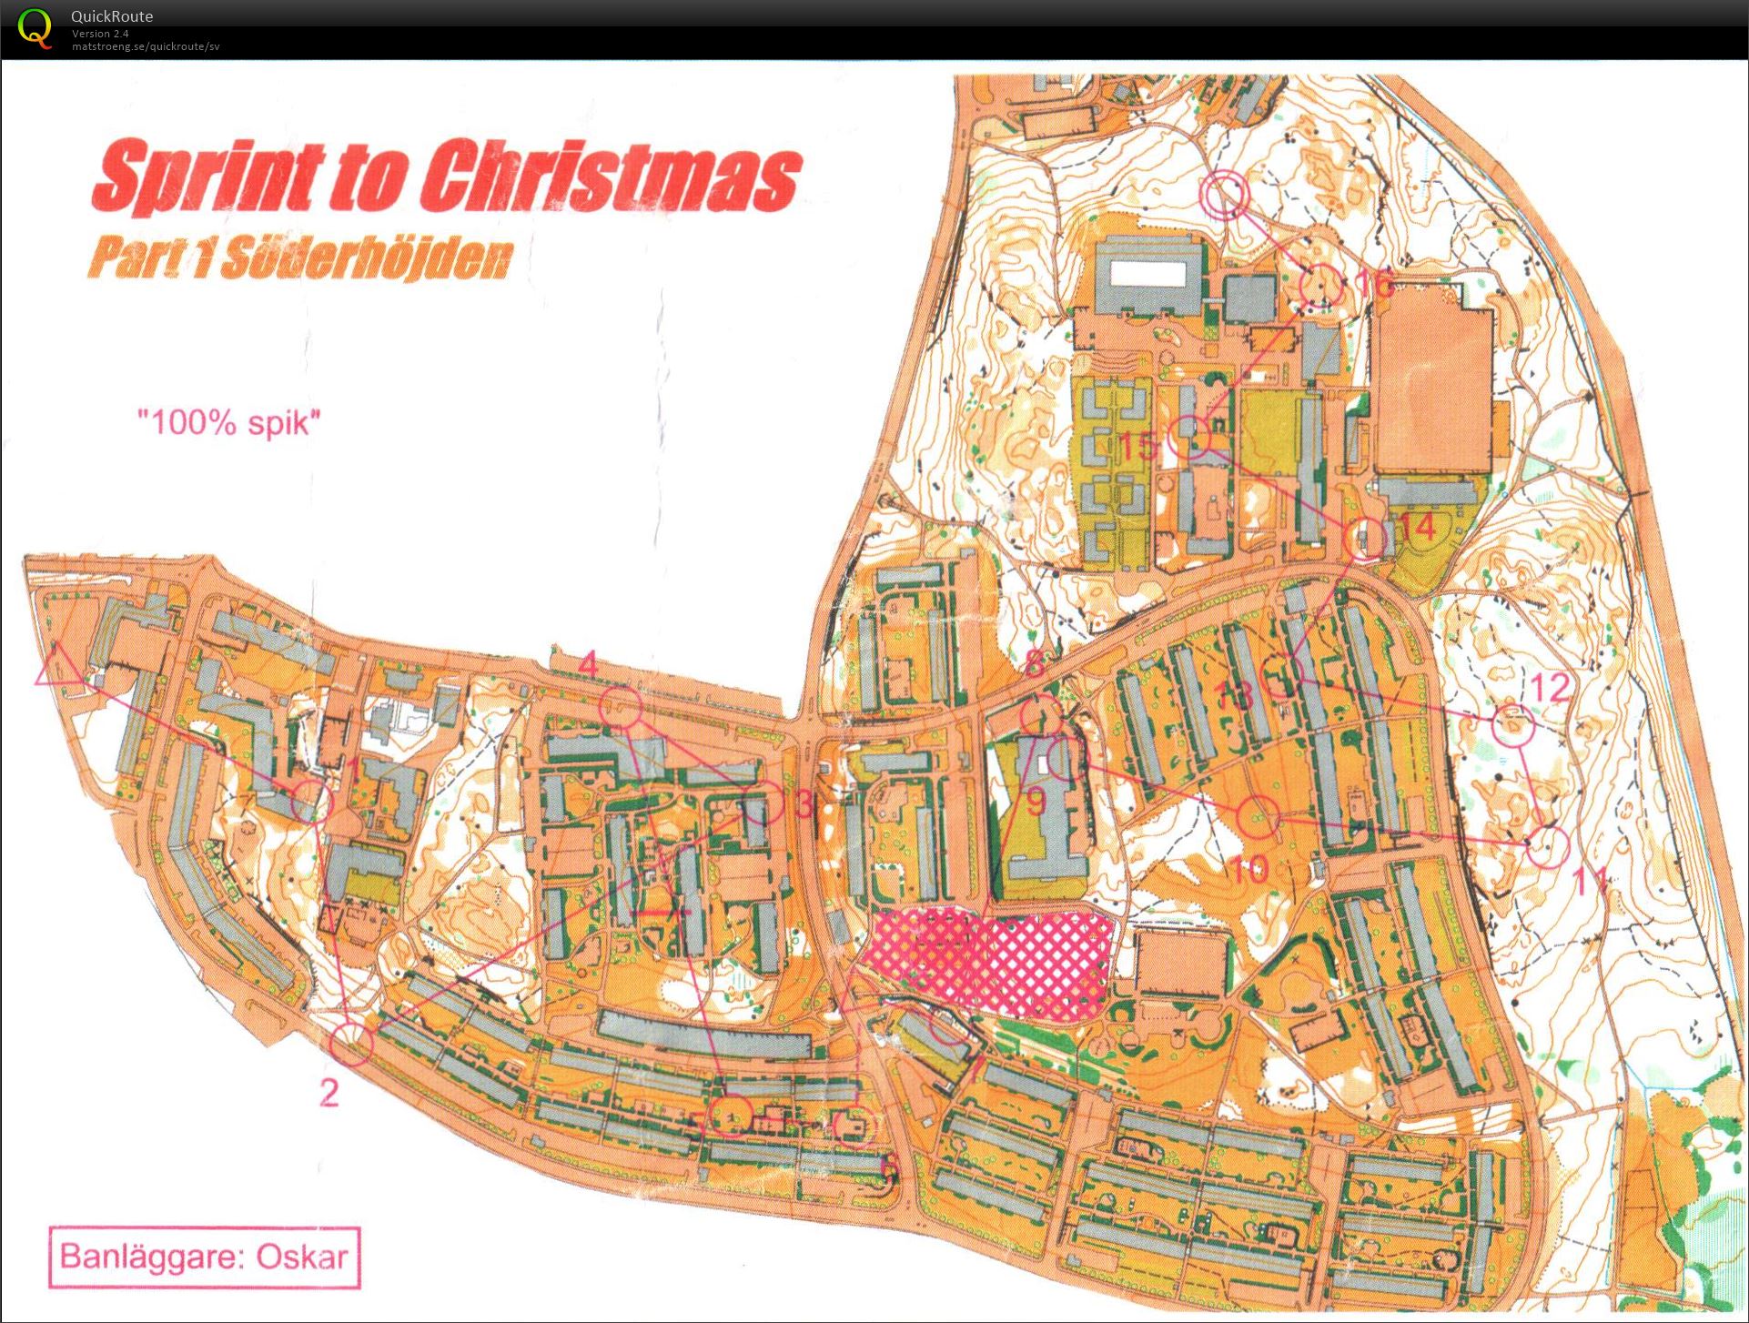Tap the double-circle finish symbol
[x=1223, y=194]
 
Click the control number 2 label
[x=329, y=1092]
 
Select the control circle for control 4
[x=621, y=707]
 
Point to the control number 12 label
[x=1551, y=687]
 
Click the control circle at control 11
[x=1546, y=846]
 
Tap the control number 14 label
[x=1417, y=526]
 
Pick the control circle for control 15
[x=1189, y=438]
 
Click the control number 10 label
[x=1249, y=870]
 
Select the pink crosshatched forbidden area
[x=992, y=963]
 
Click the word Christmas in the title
[x=610, y=177]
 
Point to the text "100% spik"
[x=228, y=422]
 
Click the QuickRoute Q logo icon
[x=35, y=28]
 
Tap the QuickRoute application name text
[x=112, y=15]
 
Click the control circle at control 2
[x=351, y=1044]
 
